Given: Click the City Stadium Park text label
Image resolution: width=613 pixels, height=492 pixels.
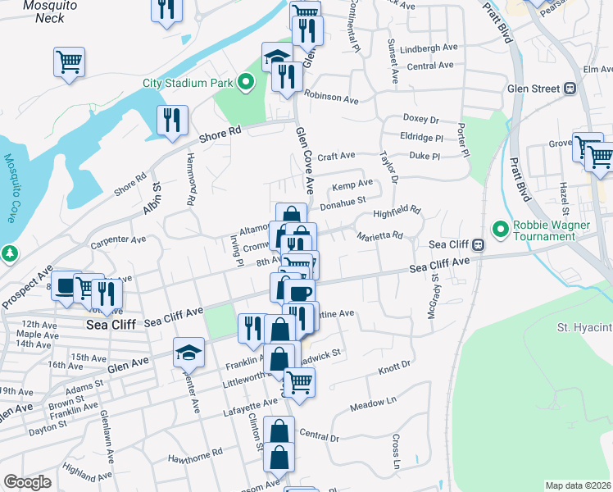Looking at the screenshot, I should (x=188, y=82).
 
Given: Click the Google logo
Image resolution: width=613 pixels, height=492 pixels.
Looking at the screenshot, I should (x=27, y=482).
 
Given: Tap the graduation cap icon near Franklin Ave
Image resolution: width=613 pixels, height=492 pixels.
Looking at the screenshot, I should (x=188, y=353).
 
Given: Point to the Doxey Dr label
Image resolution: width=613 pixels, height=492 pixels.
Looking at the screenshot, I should (x=420, y=119).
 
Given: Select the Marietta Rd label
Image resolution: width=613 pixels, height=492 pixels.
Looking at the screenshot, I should (x=379, y=236).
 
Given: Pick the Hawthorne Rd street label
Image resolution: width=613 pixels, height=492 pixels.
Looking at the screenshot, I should (x=195, y=453).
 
